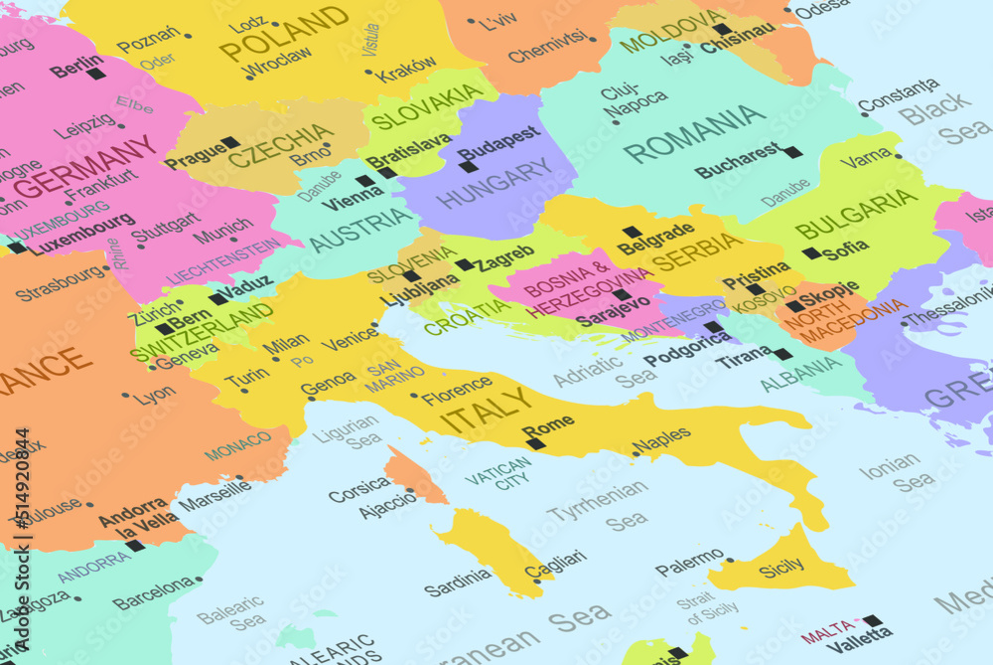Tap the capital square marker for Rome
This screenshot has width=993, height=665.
point(536,443)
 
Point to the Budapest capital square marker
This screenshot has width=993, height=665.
point(468,166)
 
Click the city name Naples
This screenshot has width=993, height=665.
point(661,437)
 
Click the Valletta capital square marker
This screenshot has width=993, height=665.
point(872,620)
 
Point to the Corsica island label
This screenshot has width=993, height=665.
point(358,488)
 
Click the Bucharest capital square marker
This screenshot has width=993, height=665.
point(791,152)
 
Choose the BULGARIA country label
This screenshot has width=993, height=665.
point(856,213)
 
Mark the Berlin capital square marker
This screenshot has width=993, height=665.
point(95,73)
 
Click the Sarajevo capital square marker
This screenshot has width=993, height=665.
point(622,294)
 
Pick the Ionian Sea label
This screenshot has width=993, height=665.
point(895,473)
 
